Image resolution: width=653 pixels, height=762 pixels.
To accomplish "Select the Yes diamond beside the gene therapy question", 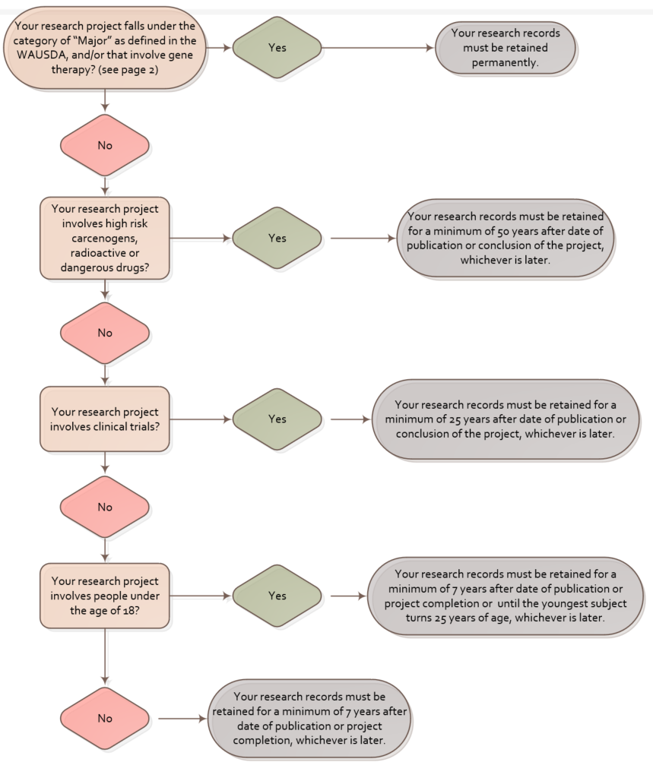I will pos(277,47).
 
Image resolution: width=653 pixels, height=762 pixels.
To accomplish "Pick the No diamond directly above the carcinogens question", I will pos(104,145).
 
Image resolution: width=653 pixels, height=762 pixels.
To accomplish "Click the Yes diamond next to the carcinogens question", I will pos(277,238).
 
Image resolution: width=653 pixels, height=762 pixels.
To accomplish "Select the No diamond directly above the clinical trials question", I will pos(104,332).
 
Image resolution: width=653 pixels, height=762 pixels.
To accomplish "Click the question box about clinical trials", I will pos(103,419).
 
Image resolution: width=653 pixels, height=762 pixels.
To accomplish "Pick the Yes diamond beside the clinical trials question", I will pos(277,419).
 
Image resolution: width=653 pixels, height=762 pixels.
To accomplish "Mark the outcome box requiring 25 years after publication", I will pos(506,419).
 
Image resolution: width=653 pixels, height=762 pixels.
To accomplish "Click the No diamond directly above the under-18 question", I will pos(104,507).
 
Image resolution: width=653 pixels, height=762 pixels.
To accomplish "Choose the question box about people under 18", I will pos(103,595).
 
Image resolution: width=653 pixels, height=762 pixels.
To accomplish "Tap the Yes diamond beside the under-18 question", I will pos(277,596).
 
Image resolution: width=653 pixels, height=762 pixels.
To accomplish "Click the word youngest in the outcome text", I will pos(550,603).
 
